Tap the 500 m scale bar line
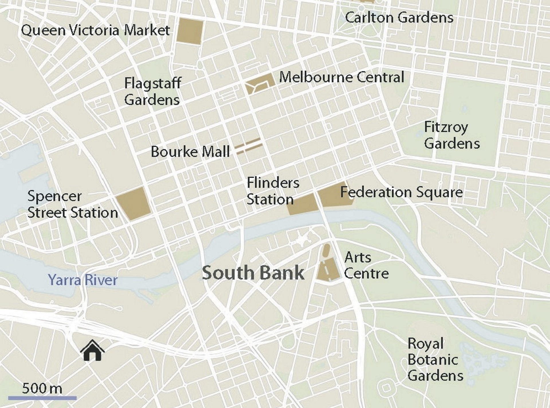42,398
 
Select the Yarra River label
82,280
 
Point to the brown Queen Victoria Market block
189,32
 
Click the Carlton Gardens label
399,17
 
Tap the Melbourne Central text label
341,77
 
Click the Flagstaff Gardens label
152,91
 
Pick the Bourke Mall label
190,152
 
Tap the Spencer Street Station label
72,204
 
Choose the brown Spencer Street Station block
133,204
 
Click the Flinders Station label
272,191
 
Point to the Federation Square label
401,192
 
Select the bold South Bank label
253,273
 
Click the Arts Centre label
366,265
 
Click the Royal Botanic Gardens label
435,360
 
